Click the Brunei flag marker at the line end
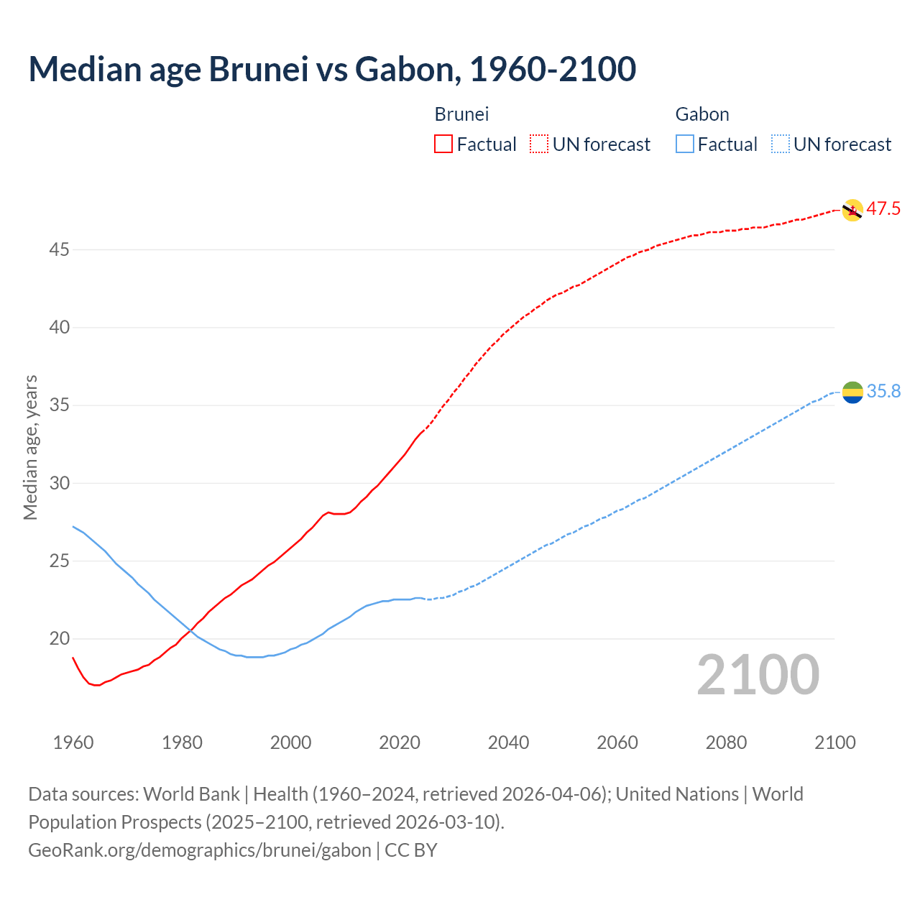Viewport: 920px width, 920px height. (852, 210)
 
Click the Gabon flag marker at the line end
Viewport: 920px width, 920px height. (852, 392)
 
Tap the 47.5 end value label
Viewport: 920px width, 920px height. (883, 209)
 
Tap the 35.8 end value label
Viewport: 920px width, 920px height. (883, 391)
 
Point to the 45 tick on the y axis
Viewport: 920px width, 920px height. (59, 250)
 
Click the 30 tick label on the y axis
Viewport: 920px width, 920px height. (59, 483)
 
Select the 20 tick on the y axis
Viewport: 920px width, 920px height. (59, 639)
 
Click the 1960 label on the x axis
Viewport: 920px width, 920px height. (73, 742)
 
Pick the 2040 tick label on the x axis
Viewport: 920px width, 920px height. (508, 742)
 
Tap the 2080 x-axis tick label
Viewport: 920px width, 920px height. (726, 742)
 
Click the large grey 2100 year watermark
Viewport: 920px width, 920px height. (758, 675)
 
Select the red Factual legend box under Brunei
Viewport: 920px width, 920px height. (443, 144)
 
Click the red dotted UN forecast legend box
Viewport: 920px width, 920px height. (539, 144)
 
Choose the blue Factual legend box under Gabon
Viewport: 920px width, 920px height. (685, 144)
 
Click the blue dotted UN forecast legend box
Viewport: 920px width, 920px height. (780, 144)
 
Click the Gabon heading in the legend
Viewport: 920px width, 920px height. (702, 114)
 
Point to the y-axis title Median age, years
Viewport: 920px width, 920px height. (30, 447)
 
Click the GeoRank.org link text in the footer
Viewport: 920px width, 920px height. (200, 850)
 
